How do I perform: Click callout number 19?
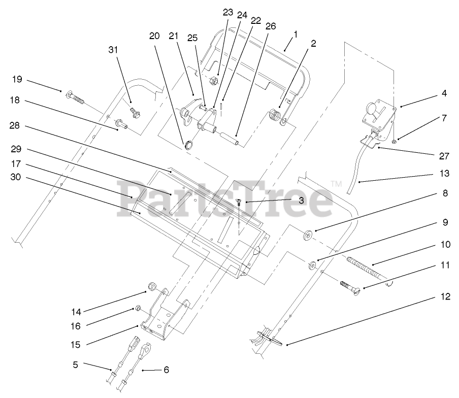18,79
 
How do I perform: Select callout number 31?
113,49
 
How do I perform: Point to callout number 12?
445,297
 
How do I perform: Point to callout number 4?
444,93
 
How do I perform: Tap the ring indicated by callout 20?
189,144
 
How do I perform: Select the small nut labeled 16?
137,308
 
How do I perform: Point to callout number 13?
444,174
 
